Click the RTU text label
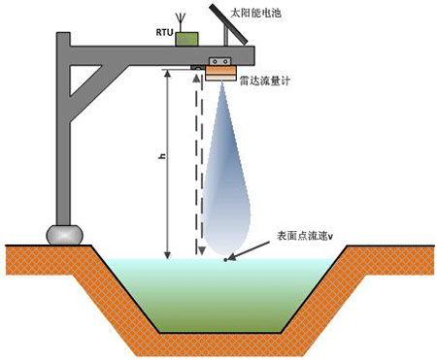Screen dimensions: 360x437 click(163, 32)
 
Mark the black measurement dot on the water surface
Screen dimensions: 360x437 click(226, 259)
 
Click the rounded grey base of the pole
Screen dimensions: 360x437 click(63, 234)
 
